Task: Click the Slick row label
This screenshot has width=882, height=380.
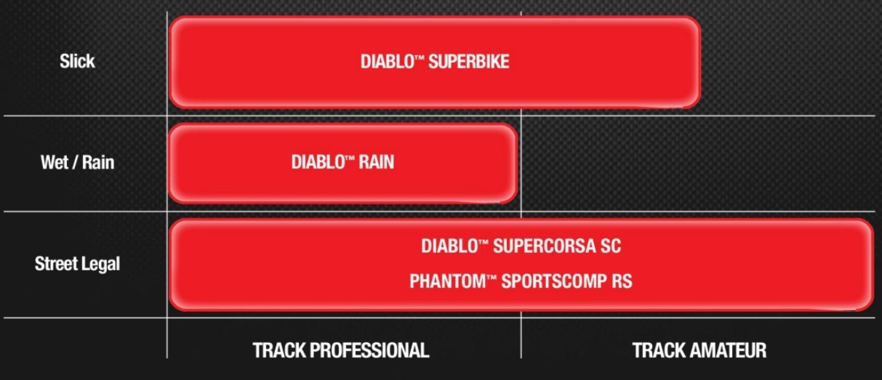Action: point(77,62)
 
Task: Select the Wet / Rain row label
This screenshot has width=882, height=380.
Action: point(77,162)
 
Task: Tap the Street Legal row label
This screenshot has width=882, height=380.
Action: point(77,264)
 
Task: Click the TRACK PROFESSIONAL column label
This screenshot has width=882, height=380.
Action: point(340,350)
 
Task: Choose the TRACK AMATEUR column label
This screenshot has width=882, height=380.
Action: point(699,350)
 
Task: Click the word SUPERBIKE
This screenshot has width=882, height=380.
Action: point(468,62)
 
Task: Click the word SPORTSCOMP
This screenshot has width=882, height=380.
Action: point(553,281)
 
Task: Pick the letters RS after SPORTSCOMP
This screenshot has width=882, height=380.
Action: point(622,281)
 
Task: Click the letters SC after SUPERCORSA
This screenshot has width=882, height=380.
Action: point(611,246)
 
